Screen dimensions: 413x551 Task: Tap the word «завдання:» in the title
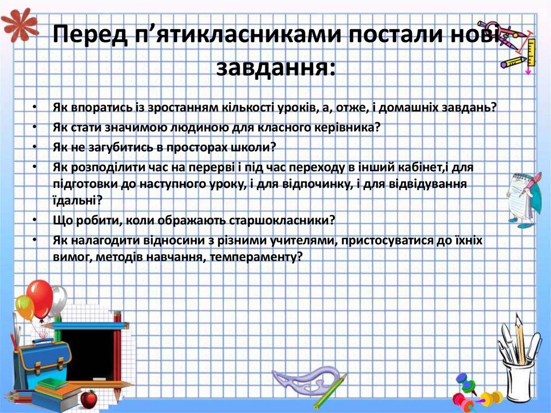(x=275, y=68)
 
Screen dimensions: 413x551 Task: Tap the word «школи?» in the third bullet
(x=254, y=146)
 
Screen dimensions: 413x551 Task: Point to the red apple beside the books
(x=89, y=398)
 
